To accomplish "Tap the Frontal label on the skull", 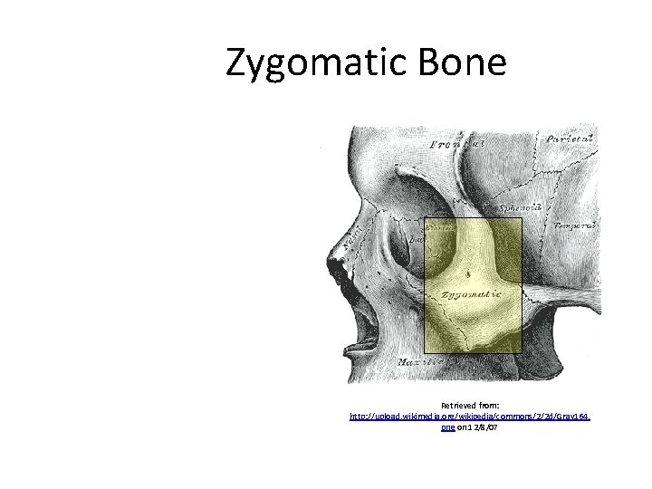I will pyautogui.click(x=457, y=143).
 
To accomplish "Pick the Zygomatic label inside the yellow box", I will pyautogui.click(x=469, y=295).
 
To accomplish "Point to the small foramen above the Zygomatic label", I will pyautogui.click(x=467, y=272).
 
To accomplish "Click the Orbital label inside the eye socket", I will pyautogui.click(x=439, y=227).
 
